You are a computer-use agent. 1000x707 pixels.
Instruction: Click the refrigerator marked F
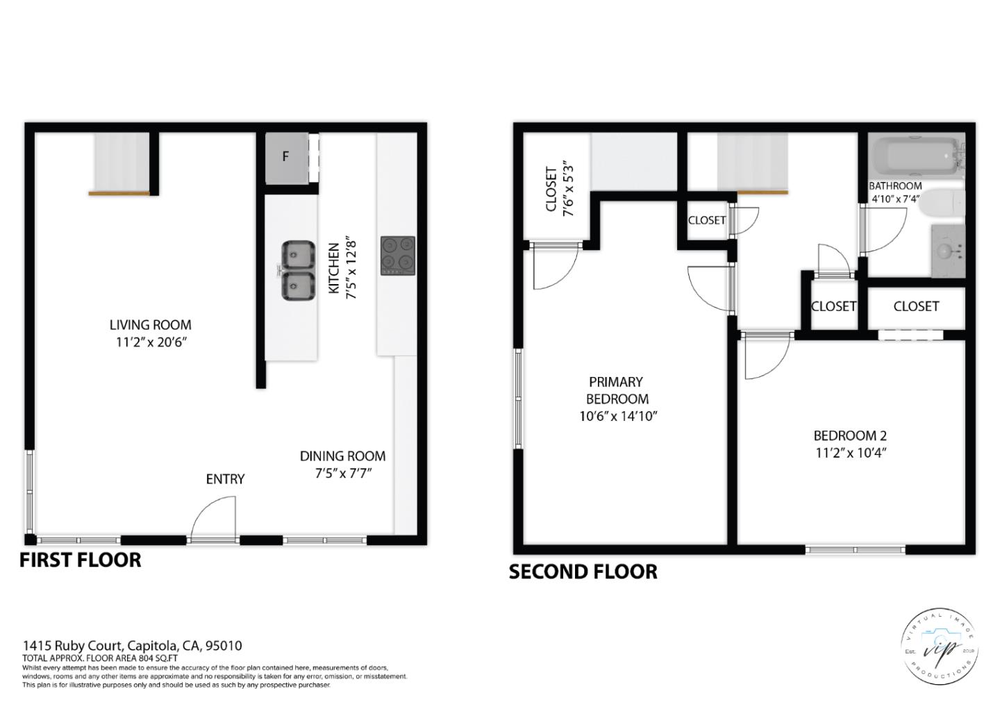click(x=286, y=158)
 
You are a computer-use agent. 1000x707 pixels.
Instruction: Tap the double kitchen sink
click(x=298, y=270)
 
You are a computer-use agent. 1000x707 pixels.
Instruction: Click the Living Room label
click(x=150, y=325)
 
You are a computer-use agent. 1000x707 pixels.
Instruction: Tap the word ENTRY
click(x=225, y=479)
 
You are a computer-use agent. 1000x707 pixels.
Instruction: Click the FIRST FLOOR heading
click(x=80, y=560)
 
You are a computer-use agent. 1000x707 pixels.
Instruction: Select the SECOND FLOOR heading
click(x=583, y=572)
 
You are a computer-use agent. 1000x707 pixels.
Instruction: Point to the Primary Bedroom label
click(x=617, y=390)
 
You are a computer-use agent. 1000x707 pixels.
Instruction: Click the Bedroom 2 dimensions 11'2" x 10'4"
click(x=851, y=453)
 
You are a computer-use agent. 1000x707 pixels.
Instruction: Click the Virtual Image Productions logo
click(x=939, y=648)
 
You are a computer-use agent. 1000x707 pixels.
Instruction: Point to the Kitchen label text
click(x=334, y=267)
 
